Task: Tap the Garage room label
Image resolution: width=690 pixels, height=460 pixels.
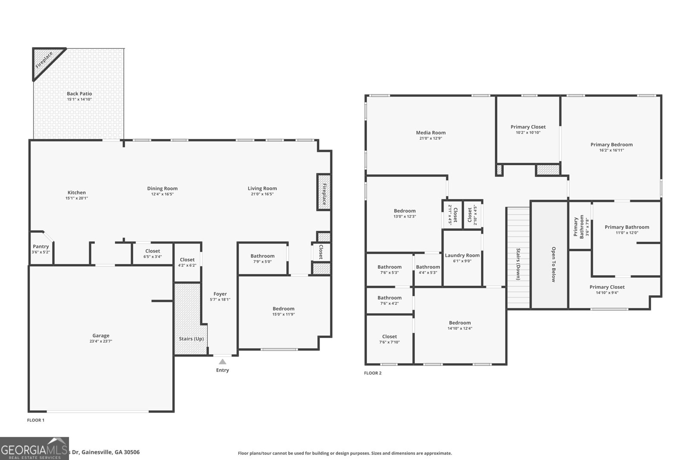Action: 101,335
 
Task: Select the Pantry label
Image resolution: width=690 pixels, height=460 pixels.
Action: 41,247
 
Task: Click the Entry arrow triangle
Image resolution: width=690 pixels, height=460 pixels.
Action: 222,362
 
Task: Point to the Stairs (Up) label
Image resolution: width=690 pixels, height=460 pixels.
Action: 191,339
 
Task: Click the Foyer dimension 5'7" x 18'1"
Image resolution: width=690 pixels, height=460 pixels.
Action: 220,300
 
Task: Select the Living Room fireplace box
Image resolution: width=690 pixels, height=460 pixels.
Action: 324,192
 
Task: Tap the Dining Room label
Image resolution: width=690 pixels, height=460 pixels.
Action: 162,188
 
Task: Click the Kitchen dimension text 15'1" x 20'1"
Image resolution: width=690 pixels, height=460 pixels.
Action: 77,198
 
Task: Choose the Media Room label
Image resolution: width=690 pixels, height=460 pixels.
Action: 430,133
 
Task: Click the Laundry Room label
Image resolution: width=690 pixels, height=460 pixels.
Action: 462,255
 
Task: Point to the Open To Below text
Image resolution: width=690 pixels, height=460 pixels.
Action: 554,264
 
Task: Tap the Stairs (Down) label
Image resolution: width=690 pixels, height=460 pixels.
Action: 518,264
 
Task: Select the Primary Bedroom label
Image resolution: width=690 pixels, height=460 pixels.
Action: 611,144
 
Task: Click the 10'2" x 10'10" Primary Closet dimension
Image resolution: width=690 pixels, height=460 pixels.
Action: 528,133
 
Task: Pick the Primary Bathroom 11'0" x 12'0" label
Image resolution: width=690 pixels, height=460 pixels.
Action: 626,227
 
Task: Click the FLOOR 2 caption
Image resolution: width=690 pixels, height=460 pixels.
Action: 373,373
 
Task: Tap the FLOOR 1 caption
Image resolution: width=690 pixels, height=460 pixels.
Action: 36,420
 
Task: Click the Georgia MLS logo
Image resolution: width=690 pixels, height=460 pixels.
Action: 34,449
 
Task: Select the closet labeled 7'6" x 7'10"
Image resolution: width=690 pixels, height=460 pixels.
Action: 389,342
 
